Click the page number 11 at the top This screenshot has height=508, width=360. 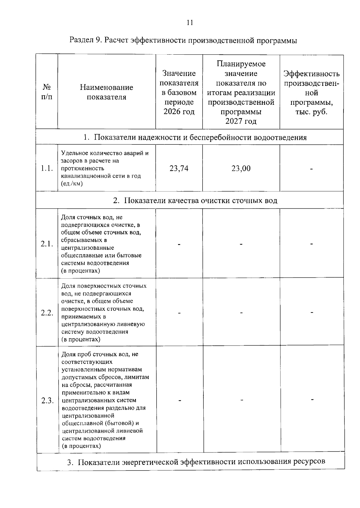(x=190, y=23)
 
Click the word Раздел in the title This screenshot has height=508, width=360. (x=82, y=40)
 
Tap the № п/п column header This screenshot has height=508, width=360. (x=46, y=92)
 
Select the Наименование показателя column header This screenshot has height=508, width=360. (x=106, y=92)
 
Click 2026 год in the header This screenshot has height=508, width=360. (x=179, y=112)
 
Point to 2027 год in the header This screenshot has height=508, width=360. (x=241, y=121)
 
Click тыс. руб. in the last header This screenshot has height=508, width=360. (x=311, y=112)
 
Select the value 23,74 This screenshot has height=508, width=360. (x=179, y=168)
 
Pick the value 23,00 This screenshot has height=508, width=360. (x=241, y=168)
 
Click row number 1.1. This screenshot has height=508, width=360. (x=47, y=168)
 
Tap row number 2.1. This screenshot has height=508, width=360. (x=47, y=244)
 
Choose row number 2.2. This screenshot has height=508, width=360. (x=47, y=313)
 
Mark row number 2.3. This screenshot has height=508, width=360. (x=47, y=401)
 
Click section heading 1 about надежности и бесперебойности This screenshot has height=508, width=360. (x=195, y=138)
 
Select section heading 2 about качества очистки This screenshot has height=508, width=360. (x=195, y=201)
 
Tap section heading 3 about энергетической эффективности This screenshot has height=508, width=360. (x=196, y=461)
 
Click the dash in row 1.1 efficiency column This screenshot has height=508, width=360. (x=312, y=169)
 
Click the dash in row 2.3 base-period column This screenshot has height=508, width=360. (x=180, y=401)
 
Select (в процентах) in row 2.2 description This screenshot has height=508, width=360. (x=81, y=340)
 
